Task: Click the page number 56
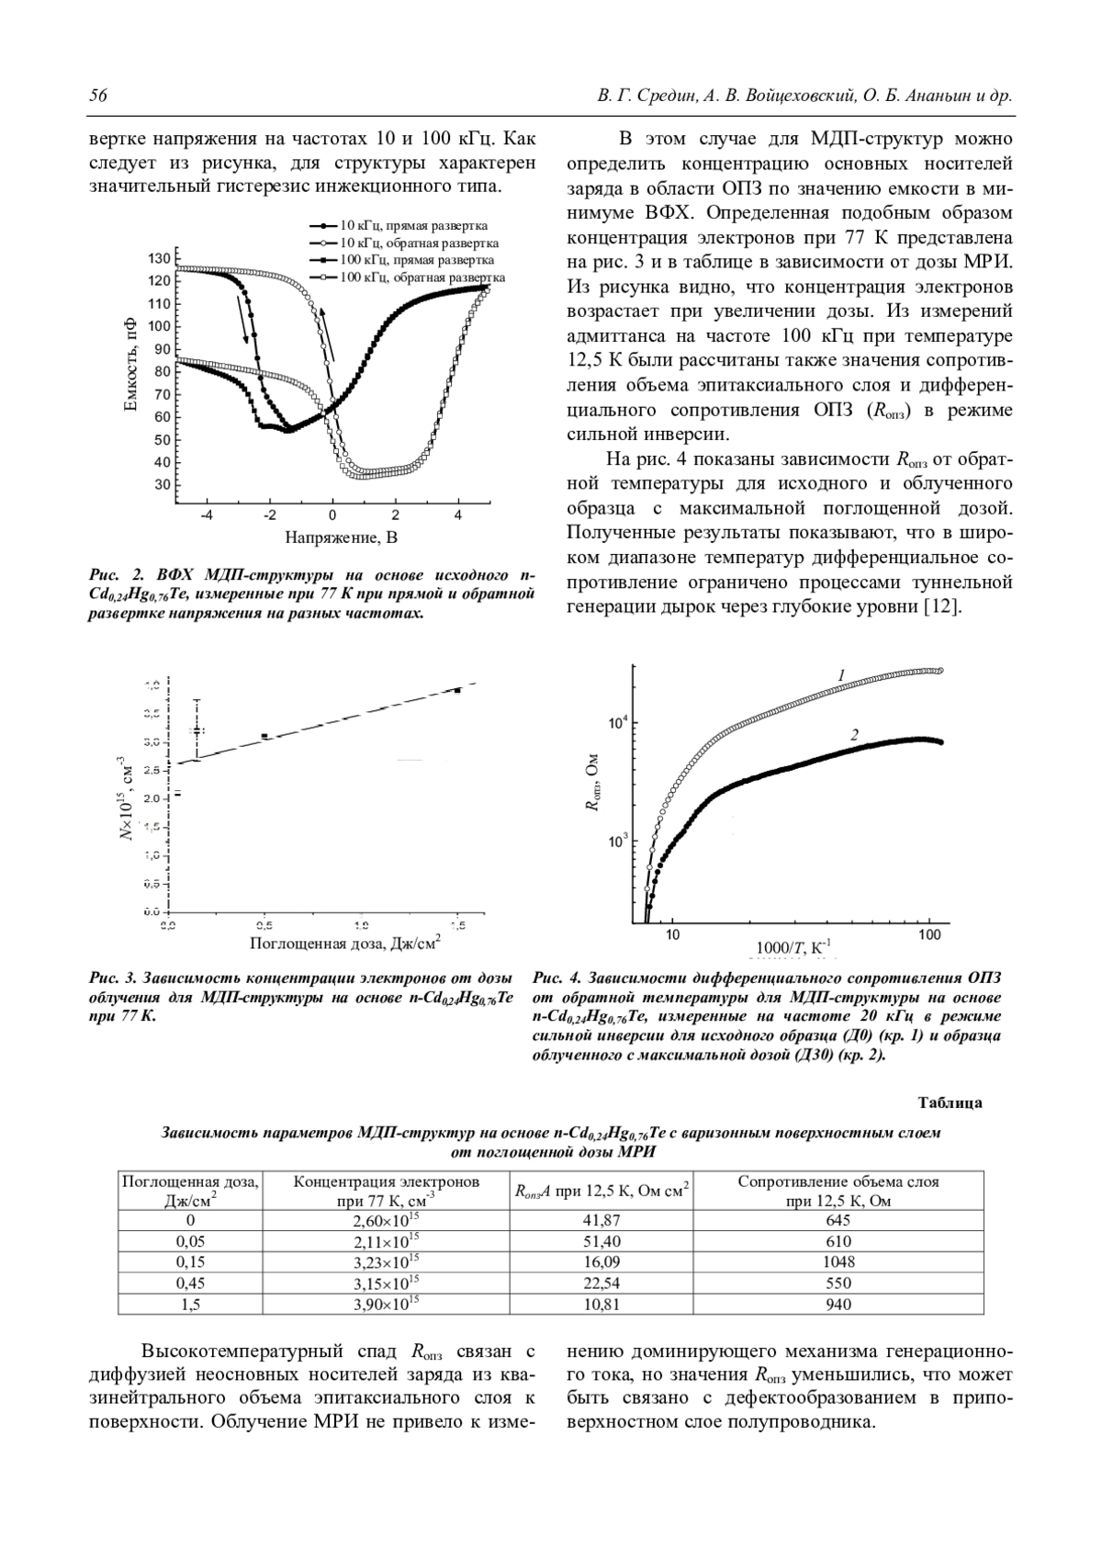coord(98,96)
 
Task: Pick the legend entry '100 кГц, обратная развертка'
coord(422,277)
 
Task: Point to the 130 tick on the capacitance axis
coord(160,258)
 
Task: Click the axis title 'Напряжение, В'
coord(342,537)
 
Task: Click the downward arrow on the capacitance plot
coord(244,319)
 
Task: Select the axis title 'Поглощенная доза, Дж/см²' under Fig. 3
coord(344,943)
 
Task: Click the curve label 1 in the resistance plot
coord(840,676)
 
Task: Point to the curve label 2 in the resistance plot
coord(854,735)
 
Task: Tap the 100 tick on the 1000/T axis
coord(929,935)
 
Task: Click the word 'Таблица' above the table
coord(950,1102)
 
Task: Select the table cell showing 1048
coord(838,1262)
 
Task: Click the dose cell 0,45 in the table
coord(190,1283)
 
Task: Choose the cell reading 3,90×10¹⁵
coord(386,1304)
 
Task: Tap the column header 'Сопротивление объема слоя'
coord(838,1182)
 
